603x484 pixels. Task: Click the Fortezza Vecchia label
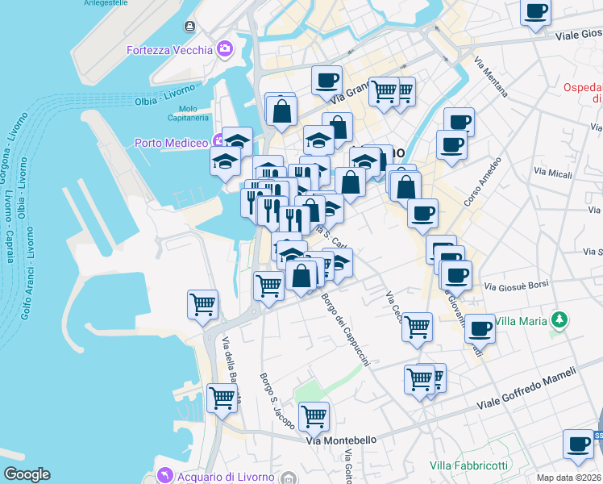click(168, 50)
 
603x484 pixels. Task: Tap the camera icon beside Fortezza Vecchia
click(225, 49)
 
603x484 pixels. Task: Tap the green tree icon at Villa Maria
click(558, 320)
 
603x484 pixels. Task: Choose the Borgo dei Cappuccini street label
click(345, 331)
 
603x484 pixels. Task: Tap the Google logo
click(27, 474)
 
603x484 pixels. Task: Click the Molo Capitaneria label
click(188, 113)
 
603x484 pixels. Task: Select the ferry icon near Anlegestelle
click(189, 27)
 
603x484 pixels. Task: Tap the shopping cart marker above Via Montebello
click(314, 417)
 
